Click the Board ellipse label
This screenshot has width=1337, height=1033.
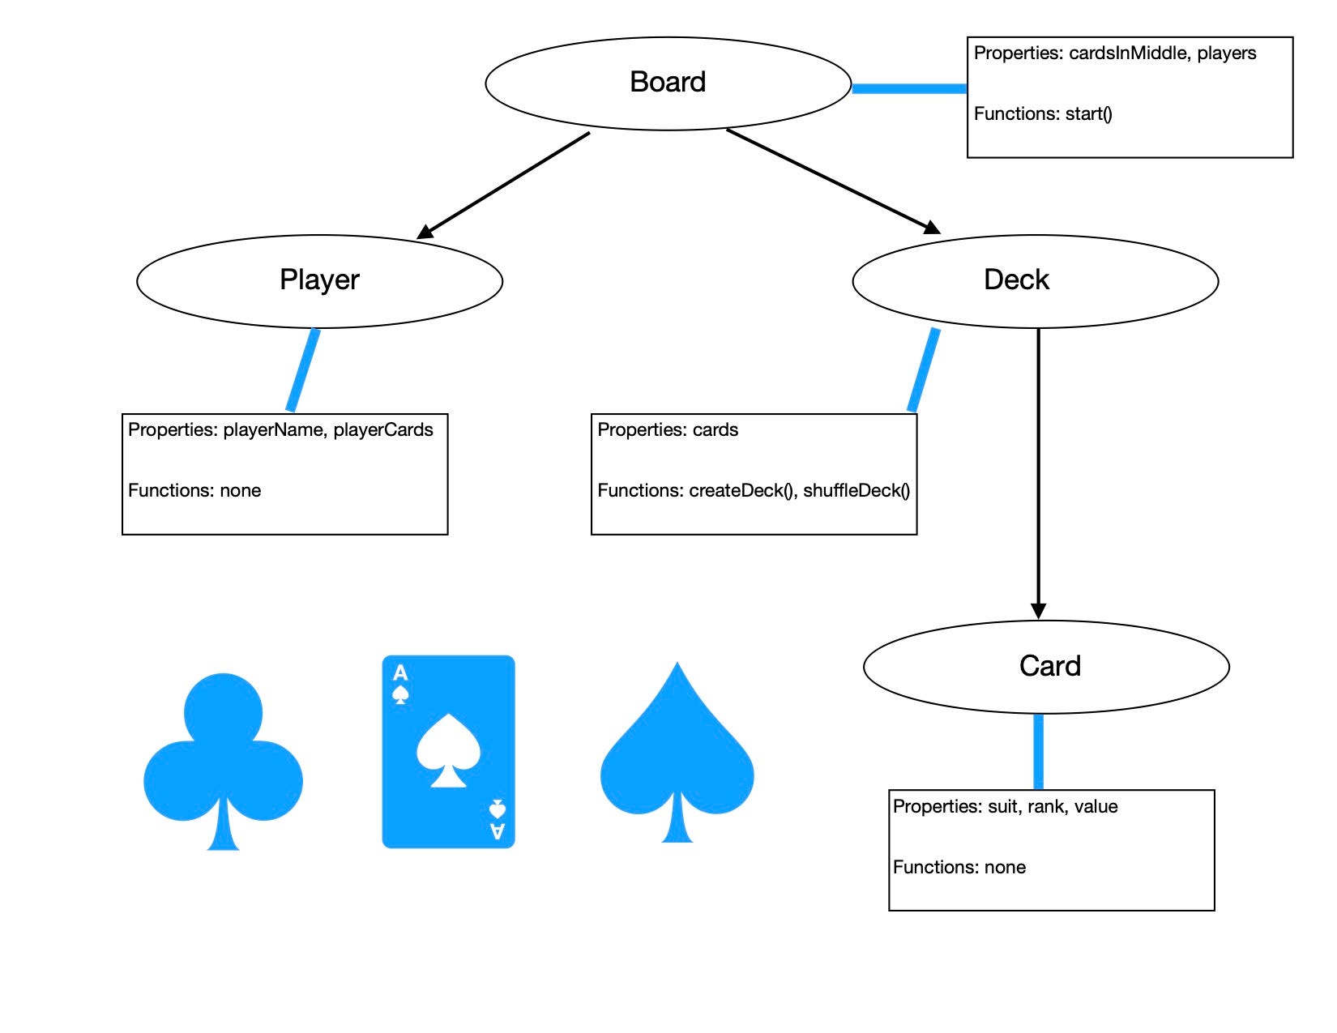[668, 82]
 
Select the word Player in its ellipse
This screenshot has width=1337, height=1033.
[319, 280]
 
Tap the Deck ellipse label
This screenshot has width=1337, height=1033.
[1016, 280]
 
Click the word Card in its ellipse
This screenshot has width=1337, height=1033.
[1049, 666]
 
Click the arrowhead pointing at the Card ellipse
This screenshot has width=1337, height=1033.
[1038, 610]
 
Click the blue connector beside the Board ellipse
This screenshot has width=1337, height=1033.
[908, 88]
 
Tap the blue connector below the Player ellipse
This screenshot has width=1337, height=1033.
[303, 370]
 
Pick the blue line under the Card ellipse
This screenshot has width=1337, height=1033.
[1038, 751]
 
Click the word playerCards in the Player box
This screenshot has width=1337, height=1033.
[383, 430]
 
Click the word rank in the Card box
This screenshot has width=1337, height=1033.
[1045, 807]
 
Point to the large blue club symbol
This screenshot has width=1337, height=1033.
[223, 758]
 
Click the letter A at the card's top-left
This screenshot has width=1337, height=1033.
[400, 673]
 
